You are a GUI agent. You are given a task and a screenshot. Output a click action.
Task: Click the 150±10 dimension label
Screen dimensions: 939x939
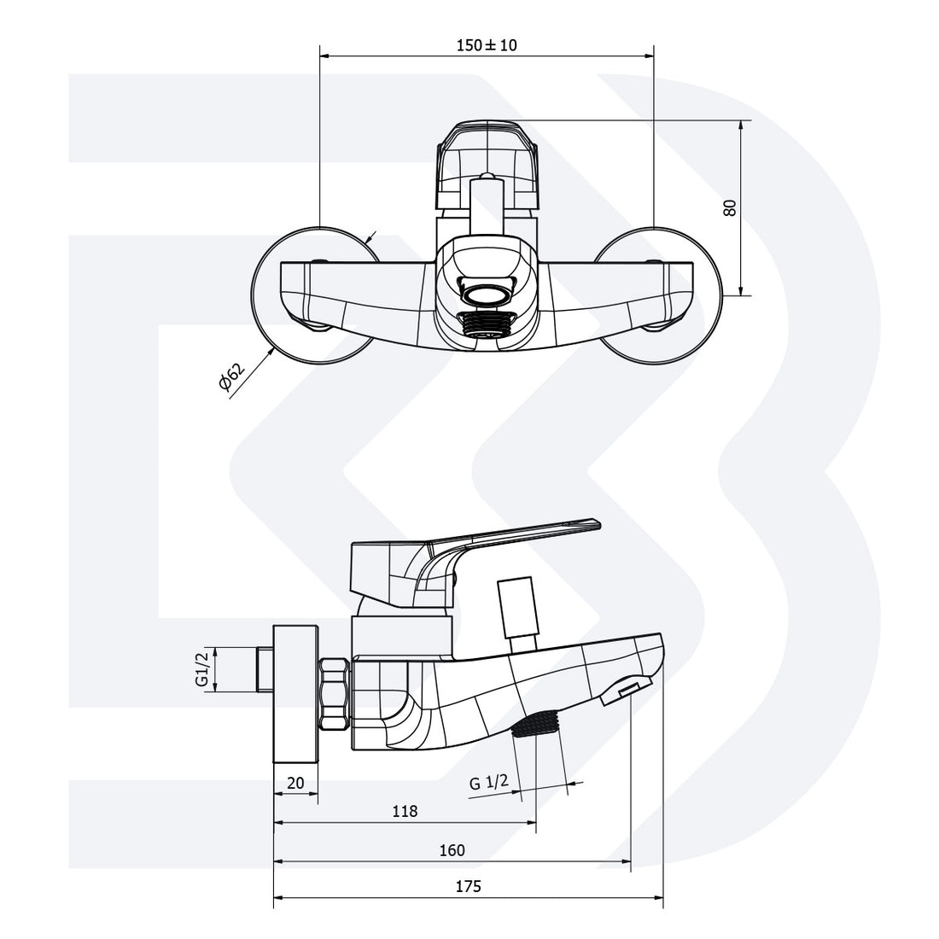click(487, 45)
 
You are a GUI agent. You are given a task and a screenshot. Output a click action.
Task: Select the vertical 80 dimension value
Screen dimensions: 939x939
click(730, 207)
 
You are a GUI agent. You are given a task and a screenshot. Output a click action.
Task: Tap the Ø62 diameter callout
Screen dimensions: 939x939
click(231, 376)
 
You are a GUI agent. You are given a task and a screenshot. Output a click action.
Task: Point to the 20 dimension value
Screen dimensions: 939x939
click(295, 784)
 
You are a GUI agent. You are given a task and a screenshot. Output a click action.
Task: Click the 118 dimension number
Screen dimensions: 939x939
click(405, 811)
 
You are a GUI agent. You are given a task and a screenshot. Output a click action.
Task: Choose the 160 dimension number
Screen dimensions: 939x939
click(452, 850)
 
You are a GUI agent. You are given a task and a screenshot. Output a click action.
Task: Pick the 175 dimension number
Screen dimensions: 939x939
click(469, 886)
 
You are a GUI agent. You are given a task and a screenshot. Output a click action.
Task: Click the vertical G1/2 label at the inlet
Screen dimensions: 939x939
click(202, 669)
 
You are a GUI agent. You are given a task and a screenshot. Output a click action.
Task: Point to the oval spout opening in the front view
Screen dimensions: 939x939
click(487, 295)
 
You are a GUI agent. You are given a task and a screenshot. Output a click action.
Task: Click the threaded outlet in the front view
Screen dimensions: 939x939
click(487, 324)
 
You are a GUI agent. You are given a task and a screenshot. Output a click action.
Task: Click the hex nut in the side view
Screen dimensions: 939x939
click(334, 692)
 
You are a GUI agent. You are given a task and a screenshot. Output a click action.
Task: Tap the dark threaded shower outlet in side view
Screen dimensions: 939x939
click(536, 725)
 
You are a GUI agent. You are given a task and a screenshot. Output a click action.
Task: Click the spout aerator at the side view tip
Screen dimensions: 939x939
click(625, 692)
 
